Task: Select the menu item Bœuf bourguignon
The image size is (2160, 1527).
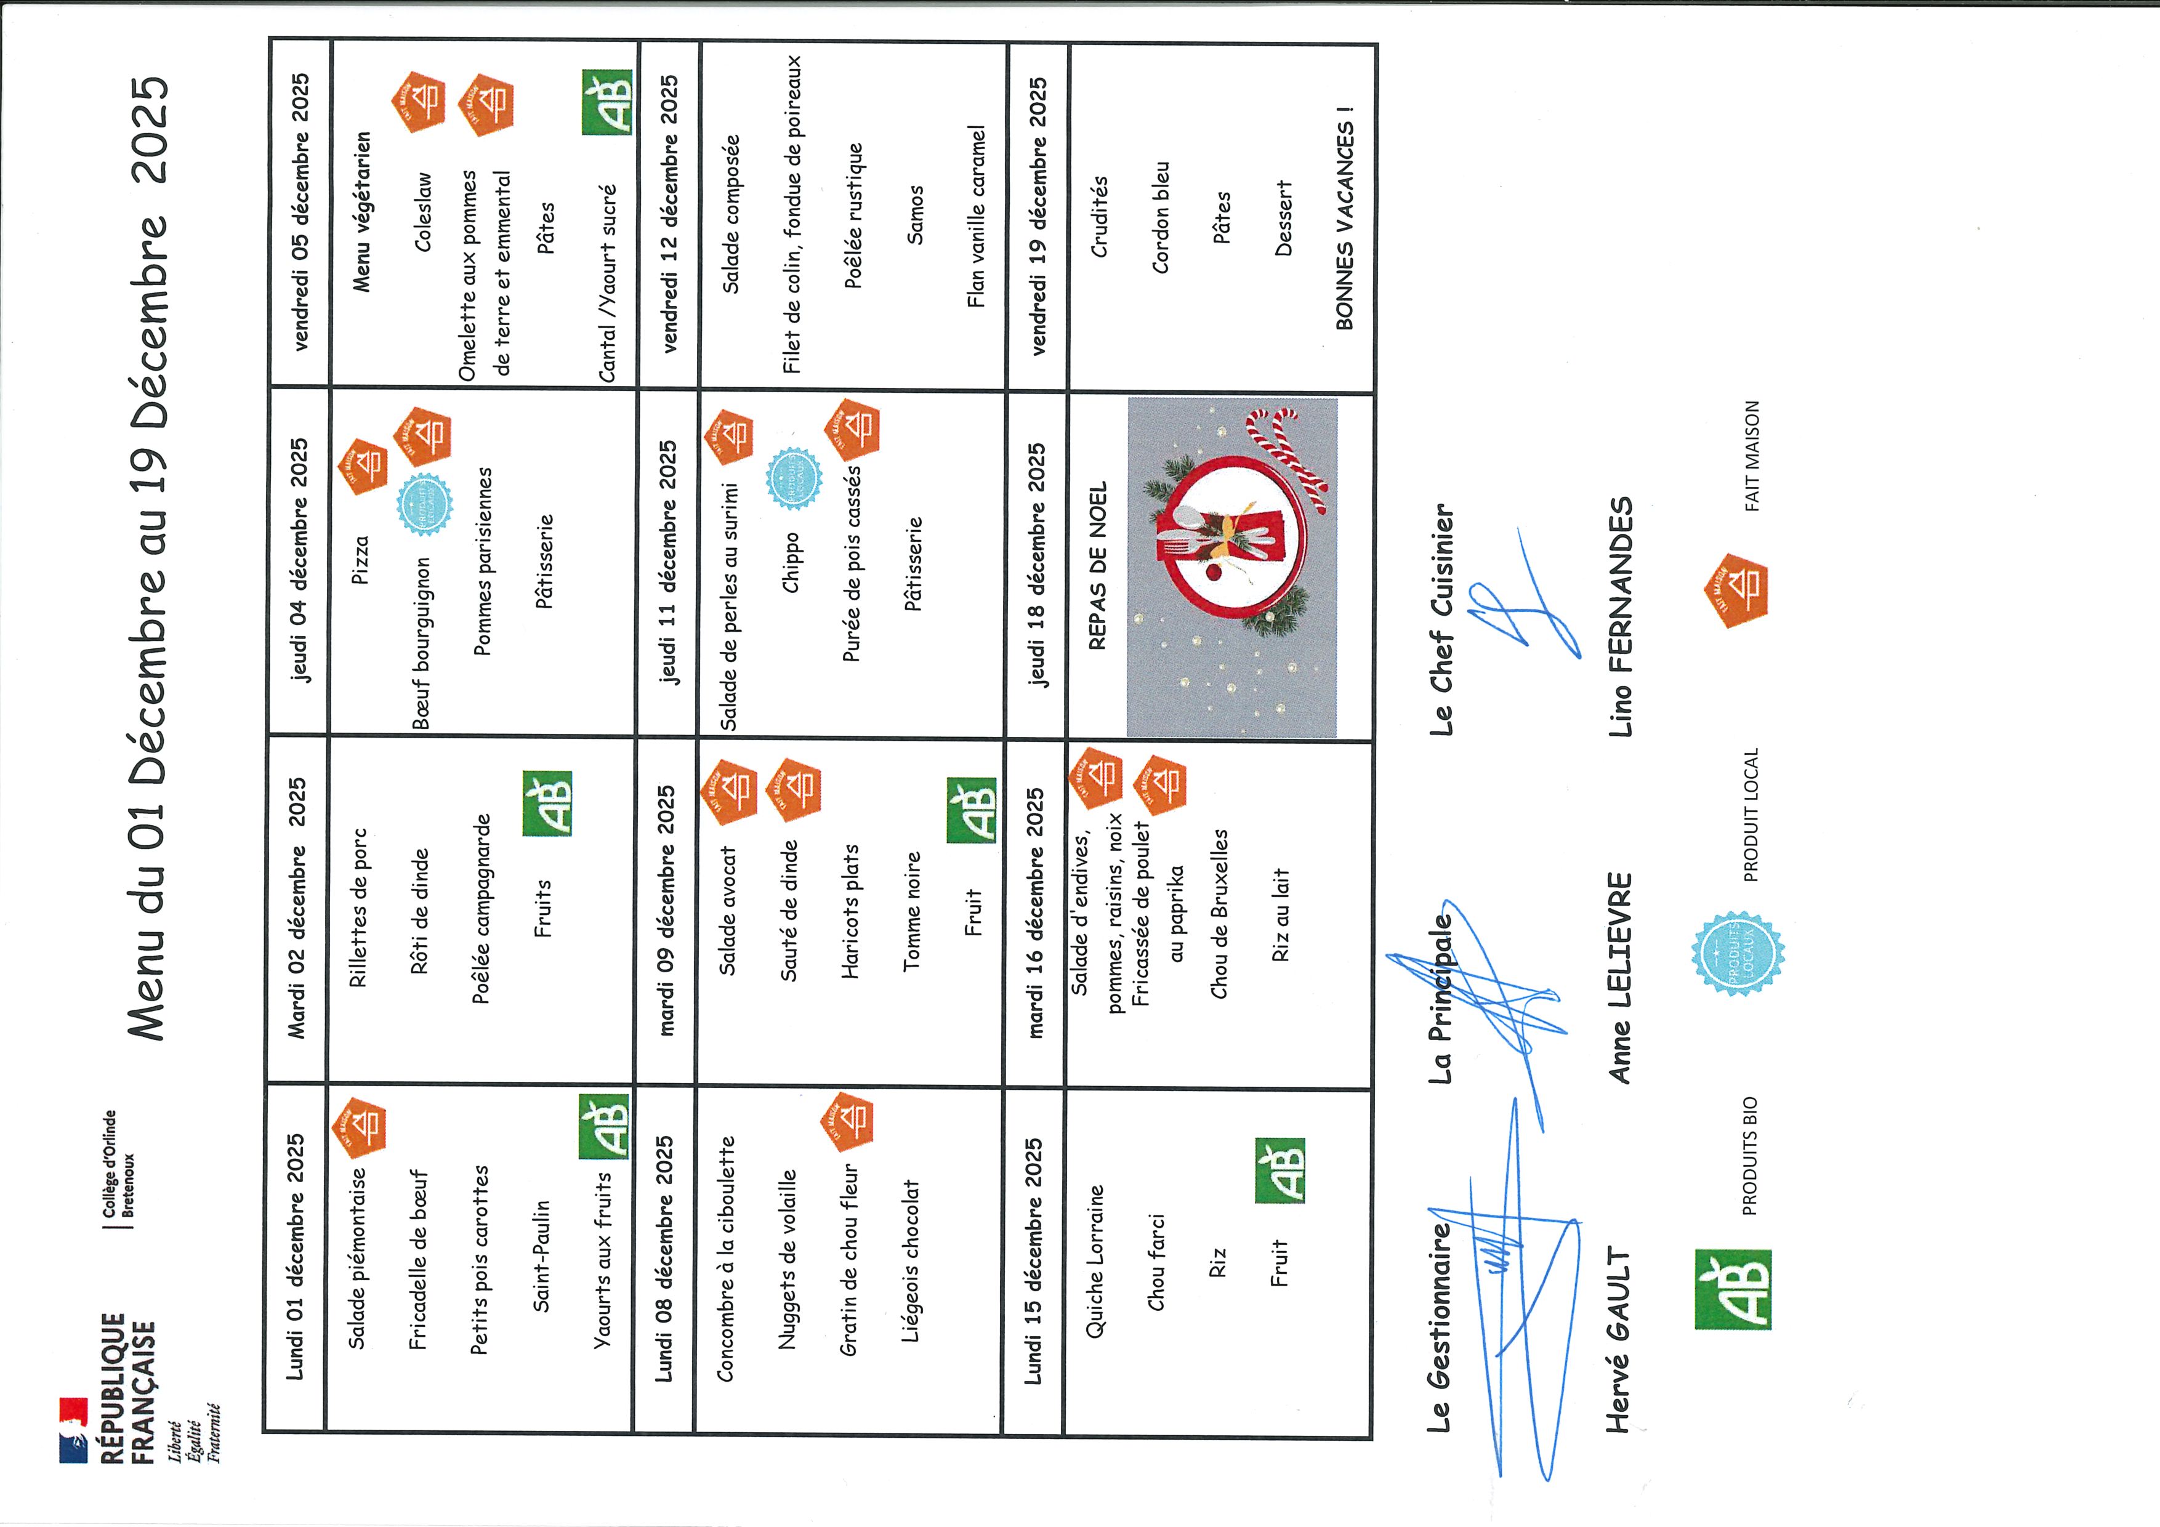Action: pos(421,643)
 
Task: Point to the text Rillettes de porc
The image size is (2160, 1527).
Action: pos(358,907)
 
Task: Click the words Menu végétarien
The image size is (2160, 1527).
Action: pos(361,211)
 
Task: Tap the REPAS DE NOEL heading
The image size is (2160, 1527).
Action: pos(1097,565)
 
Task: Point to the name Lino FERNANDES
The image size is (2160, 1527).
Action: pos(1620,616)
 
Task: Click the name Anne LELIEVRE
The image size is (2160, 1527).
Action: pos(1620,978)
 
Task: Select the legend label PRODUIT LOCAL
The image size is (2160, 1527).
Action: pos(1751,815)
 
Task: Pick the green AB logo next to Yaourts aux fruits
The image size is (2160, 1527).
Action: pos(603,1127)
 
